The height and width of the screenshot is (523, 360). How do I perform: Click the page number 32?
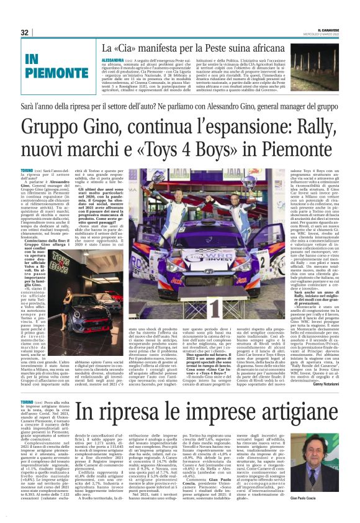coord(25,32)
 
